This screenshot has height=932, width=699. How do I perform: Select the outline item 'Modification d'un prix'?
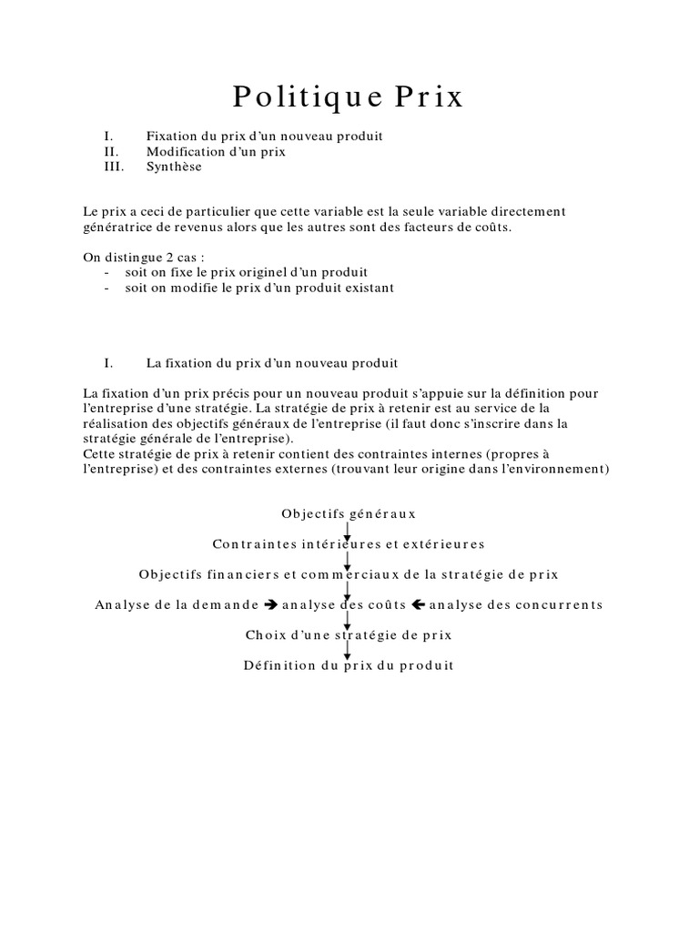[216, 152]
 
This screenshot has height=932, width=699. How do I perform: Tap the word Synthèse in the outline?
[174, 167]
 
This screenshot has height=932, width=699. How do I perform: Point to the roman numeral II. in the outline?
[112, 152]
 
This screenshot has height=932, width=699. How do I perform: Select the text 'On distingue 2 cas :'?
[137, 258]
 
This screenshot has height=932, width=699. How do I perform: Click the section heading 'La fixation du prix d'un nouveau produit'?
[271, 363]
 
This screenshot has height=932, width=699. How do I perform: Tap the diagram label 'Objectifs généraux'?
[349, 514]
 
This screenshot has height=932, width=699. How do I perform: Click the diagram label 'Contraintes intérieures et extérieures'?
[349, 544]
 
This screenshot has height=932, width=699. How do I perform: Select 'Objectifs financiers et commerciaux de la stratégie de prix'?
[349, 575]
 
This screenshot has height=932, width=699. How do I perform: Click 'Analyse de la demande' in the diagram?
[177, 605]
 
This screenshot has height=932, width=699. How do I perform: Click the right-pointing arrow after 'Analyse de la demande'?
[269, 605]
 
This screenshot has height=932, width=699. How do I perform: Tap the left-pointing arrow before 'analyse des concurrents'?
[419, 605]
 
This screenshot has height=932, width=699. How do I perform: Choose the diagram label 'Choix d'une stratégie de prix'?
[349, 635]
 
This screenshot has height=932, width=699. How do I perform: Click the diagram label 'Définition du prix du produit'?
[349, 665]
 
